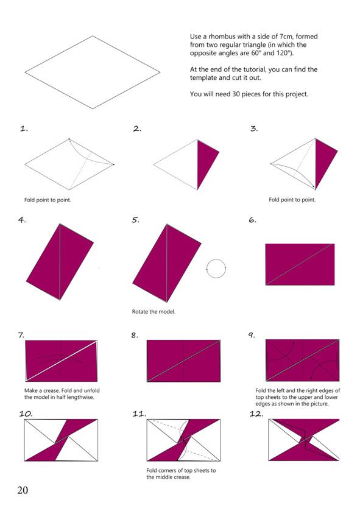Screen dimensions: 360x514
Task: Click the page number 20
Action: click(23, 490)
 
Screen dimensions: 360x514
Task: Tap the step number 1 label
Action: click(24, 128)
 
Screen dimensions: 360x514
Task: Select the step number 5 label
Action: click(135, 220)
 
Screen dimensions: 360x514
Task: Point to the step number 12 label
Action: click(256, 414)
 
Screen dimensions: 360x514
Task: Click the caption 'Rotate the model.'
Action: click(154, 311)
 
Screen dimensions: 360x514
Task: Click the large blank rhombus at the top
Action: click(93, 72)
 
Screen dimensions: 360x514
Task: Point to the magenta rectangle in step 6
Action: click(300, 264)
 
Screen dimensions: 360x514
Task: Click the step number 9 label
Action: click(252, 335)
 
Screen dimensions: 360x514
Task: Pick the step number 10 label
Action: click(26, 414)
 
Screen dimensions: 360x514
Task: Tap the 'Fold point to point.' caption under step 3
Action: click(292, 200)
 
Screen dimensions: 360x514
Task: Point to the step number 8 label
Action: click(135, 335)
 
